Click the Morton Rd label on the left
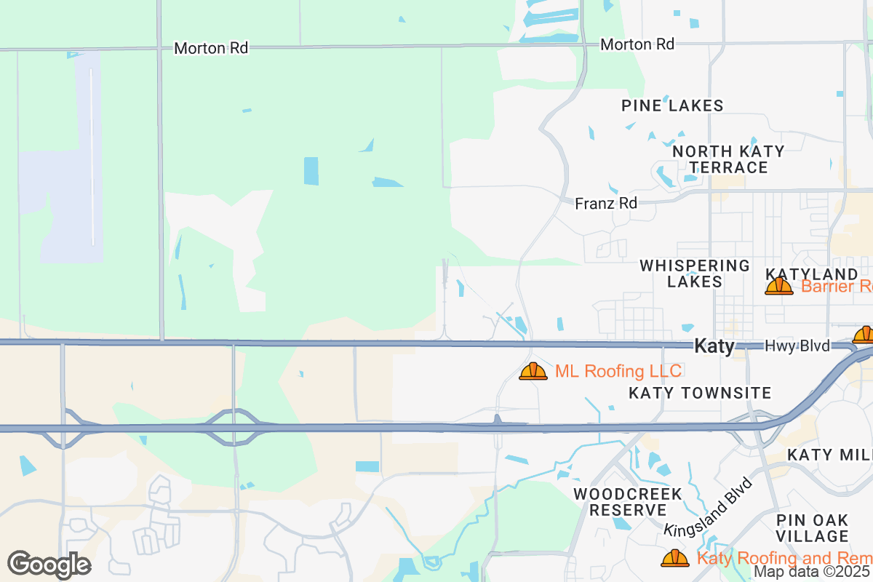[211, 48]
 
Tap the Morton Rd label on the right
[637, 44]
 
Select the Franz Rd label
[606, 204]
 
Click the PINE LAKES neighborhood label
[672, 105]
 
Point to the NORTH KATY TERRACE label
[728, 159]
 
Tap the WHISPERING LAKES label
[694, 274]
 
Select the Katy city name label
[714, 346]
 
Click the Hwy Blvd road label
[797, 346]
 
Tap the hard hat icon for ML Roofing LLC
[533, 372]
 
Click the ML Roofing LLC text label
[618, 372]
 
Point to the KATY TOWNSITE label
[700, 394]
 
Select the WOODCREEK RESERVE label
[628, 502]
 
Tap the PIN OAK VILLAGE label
[812, 528]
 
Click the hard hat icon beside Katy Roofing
[675, 558]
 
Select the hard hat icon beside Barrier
[778, 286]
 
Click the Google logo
[49, 565]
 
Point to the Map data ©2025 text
[812, 572]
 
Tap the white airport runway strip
[92, 156]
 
